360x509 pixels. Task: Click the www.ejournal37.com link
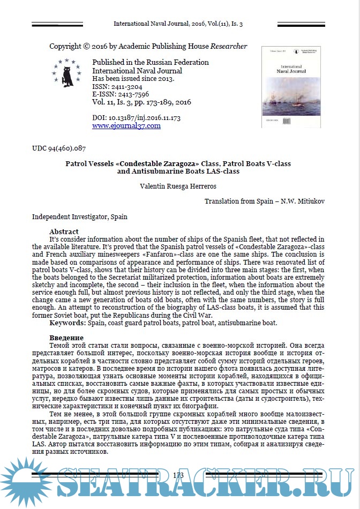pos(126,126)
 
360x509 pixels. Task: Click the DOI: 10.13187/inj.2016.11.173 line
pos(136,117)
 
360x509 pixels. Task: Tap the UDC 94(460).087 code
pos(59,148)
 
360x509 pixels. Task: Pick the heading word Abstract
pos(64,231)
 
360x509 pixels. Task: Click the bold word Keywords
pos(67,323)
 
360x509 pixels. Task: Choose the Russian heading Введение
pos(66,338)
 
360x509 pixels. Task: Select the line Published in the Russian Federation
pos(151,62)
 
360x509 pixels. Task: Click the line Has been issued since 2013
pos(133,78)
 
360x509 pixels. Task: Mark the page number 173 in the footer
pos(178,475)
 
